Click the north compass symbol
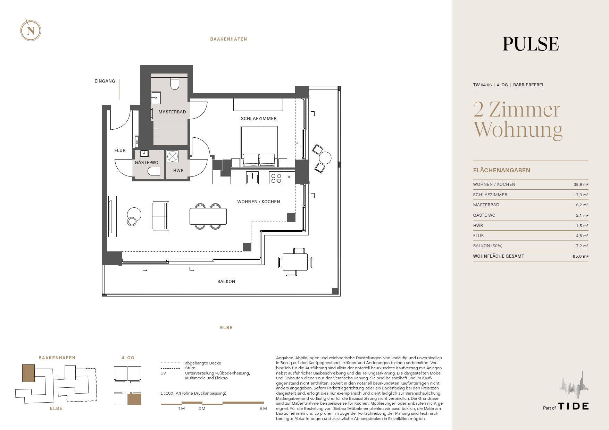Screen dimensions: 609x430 pos(31,31)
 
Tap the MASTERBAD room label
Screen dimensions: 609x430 pos(172,112)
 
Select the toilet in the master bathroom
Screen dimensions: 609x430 pos(175,83)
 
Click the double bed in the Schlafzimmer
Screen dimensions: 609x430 pos(259,146)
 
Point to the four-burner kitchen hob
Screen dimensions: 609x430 pos(276,178)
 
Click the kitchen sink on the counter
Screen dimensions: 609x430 pos(252,178)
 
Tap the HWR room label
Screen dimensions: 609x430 pos(178,171)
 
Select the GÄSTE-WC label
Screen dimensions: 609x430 pos(147,163)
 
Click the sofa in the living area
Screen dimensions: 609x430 pos(160,216)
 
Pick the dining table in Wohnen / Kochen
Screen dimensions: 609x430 pos(208,216)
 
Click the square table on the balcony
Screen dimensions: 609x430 pos(295,262)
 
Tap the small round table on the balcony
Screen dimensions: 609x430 pos(325,158)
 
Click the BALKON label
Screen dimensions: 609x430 pos(226,282)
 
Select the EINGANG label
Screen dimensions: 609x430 pos(105,81)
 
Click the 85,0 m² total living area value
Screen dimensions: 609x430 pos(581,256)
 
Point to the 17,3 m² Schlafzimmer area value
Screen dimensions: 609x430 pos(581,195)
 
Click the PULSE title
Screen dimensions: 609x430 pos(531,44)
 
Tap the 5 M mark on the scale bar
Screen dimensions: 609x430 pos(263,409)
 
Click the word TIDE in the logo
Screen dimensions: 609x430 pos(573,406)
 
